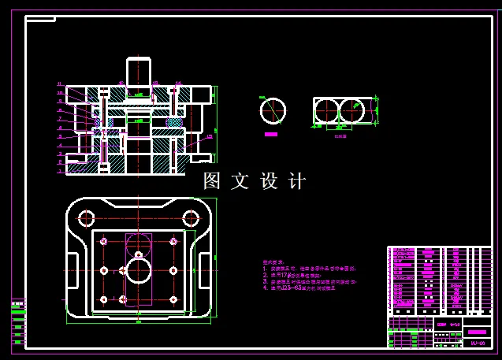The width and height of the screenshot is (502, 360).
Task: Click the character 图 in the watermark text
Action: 211,181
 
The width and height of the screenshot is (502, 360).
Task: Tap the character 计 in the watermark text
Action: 297,181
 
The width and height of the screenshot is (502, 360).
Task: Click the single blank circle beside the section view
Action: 273,111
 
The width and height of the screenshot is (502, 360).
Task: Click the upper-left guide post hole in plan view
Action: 86,217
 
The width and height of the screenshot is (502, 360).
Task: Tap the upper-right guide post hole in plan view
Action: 190,217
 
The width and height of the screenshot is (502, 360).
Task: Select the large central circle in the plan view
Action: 139,271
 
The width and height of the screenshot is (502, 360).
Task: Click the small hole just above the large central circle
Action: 139,254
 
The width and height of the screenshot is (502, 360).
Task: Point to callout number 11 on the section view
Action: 59,84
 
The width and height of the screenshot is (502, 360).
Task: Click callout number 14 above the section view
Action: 178,82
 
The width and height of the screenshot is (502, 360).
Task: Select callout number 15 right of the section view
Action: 210,137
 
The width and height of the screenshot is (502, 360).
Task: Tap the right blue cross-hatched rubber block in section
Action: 174,123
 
